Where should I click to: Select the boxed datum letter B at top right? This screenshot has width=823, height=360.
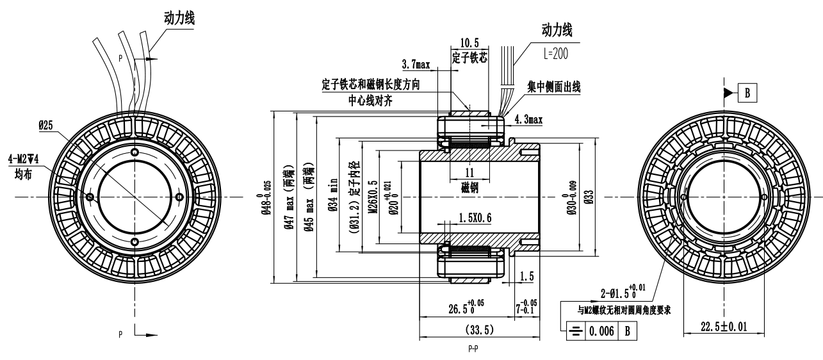(747, 94)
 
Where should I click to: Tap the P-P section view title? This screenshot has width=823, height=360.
(473, 352)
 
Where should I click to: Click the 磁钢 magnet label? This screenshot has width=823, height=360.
(469, 190)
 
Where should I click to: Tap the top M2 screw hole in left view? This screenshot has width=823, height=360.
(134, 152)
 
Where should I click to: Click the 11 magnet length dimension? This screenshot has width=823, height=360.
(469, 172)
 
